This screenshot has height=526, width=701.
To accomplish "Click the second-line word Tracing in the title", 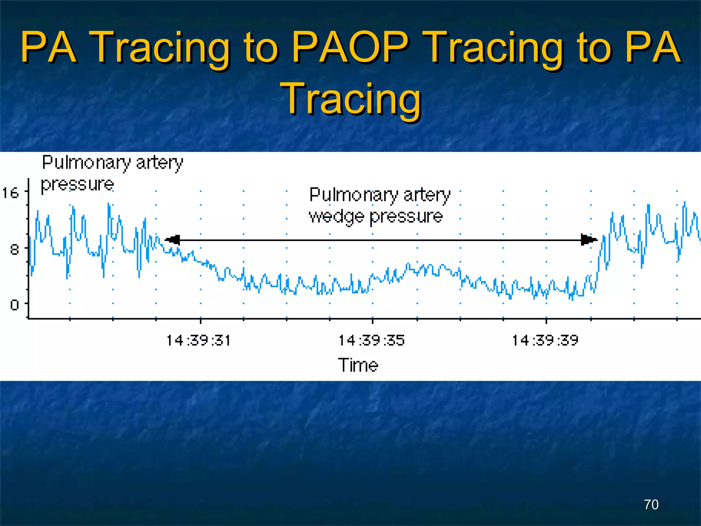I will (x=350, y=99).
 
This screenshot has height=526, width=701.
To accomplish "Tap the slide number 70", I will (x=651, y=504).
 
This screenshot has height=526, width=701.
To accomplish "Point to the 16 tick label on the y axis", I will (x=10, y=193).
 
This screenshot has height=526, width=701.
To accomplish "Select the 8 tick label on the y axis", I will (x=14, y=249).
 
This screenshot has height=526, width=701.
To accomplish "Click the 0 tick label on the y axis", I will (x=14, y=304).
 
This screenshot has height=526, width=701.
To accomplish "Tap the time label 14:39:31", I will (x=199, y=340).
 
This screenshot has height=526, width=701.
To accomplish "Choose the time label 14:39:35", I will (x=372, y=340).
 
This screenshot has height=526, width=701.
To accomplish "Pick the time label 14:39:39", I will (x=545, y=340).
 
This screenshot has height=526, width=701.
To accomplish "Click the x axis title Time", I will (x=358, y=365).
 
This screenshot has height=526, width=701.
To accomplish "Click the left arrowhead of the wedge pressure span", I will (x=173, y=240).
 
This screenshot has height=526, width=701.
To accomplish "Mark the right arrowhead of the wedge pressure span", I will (x=589, y=240).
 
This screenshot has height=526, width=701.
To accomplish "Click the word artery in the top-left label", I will (x=160, y=163).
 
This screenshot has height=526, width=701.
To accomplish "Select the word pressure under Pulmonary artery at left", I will (x=77, y=185).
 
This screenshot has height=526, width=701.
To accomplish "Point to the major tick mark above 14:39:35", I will (x=372, y=321).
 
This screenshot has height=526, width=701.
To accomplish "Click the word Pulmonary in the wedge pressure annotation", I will (x=353, y=195).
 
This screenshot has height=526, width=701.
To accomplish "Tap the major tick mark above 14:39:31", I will (x=201, y=321).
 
